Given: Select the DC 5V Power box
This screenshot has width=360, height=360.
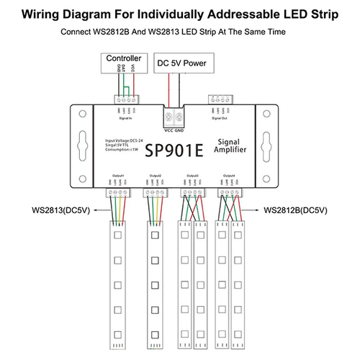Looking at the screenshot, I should [x=181, y=63].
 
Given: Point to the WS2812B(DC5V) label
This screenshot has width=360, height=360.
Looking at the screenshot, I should [x=296, y=211].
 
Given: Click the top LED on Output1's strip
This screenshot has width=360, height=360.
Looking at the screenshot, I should [x=117, y=233].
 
